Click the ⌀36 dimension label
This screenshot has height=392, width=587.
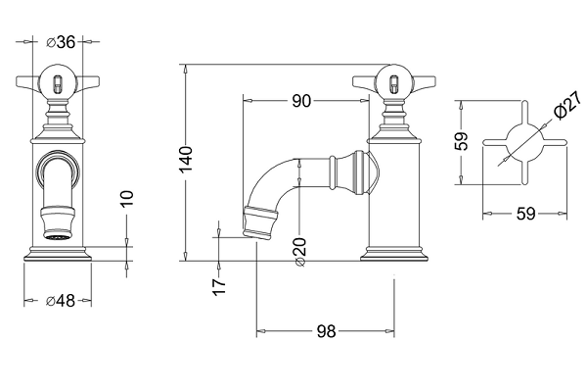(62, 41)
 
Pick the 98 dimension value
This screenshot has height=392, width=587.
(325, 332)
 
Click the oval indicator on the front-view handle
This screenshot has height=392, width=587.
(58, 80)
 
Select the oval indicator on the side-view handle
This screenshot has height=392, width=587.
(393, 80)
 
